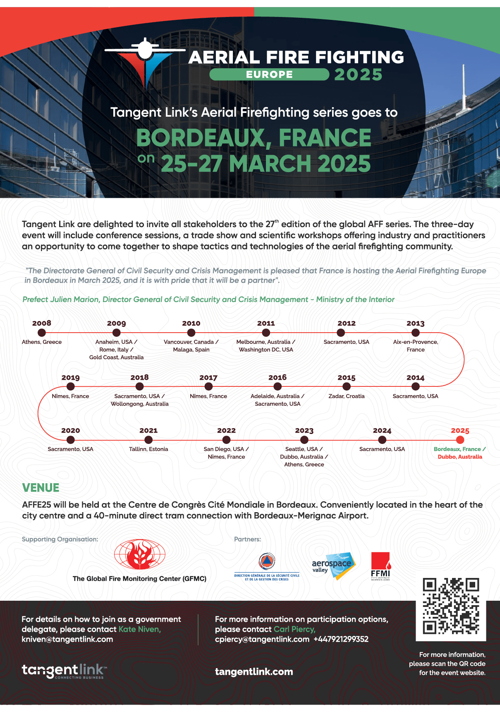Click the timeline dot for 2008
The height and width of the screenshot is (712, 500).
tap(42, 333)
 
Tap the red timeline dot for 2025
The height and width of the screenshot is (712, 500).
tap(460, 440)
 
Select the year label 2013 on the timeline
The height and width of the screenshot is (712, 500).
tap(415, 324)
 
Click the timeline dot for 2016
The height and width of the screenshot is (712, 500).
tap(278, 386)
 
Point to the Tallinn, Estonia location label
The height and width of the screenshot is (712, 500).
tap(148, 449)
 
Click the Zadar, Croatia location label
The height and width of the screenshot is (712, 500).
tap(347, 396)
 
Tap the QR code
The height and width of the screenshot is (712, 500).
tap(451, 606)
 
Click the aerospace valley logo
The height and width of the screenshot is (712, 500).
tap(333, 566)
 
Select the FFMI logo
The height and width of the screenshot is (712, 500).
tap(380, 566)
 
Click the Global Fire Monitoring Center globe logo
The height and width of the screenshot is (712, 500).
tap(140, 555)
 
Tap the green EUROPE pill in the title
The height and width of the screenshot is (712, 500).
tap(269, 74)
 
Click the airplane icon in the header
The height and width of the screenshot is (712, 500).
tap(145, 50)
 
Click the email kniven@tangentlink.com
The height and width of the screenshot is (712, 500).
tap(67, 639)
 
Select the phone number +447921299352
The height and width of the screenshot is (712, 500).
tap(341, 639)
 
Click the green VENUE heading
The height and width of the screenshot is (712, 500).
tap(41, 488)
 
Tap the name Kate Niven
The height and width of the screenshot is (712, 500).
tap(139, 629)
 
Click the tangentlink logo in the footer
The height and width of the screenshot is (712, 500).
tap(64, 671)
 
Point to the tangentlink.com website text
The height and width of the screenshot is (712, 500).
tap(254, 672)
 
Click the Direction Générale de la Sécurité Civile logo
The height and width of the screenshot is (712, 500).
tap(267, 567)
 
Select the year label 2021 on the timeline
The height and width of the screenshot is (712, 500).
tap(148, 431)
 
